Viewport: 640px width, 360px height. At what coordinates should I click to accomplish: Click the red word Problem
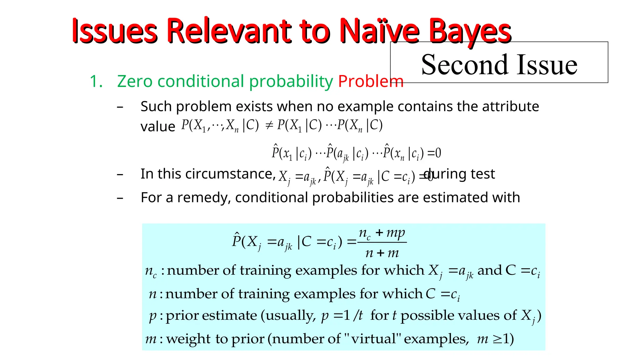[x=371, y=81]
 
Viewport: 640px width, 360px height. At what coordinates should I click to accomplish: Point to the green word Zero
[x=135, y=81]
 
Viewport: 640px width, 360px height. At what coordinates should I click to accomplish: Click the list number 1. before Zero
[x=96, y=81]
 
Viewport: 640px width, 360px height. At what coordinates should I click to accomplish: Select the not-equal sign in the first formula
[x=269, y=126]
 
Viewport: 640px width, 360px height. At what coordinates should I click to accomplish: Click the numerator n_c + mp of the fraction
[x=382, y=233]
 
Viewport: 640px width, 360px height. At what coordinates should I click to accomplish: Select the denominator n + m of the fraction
[x=382, y=252]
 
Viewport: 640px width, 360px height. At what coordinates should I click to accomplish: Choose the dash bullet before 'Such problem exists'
[x=120, y=107]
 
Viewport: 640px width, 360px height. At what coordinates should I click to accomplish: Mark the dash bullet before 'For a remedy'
[x=120, y=198]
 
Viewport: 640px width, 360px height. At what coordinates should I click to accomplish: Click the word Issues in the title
[x=114, y=31]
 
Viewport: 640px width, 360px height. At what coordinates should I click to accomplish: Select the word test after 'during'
[x=482, y=174]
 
